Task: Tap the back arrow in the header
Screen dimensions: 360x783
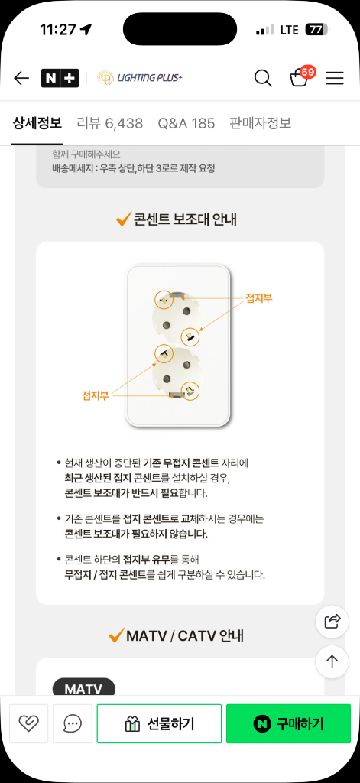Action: coord(21,78)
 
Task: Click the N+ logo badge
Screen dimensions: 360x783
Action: coord(60,78)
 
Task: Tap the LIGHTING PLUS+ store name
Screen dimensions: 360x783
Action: coord(141,77)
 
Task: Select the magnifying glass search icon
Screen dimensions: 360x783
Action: coord(263,78)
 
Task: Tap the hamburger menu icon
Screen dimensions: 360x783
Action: coord(335,78)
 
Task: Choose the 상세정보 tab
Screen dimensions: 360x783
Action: coord(37,123)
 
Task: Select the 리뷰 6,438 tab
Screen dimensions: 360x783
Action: coord(110,123)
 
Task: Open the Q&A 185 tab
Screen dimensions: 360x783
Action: coord(186,123)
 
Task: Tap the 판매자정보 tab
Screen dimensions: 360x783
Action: coord(260,123)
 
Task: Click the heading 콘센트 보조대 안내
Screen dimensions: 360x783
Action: coord(185,219)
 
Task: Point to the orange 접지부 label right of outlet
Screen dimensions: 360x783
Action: coord(258,299)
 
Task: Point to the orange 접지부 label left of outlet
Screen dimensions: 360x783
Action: coord(96,397)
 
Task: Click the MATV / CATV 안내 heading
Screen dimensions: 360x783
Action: coord(185,635)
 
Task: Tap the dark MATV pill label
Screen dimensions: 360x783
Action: coord(84,689)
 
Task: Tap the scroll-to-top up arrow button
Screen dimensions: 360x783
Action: coord(332,661)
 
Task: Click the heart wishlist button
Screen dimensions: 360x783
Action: coord(28,723)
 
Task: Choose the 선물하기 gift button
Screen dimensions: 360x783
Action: coord(159,723)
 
